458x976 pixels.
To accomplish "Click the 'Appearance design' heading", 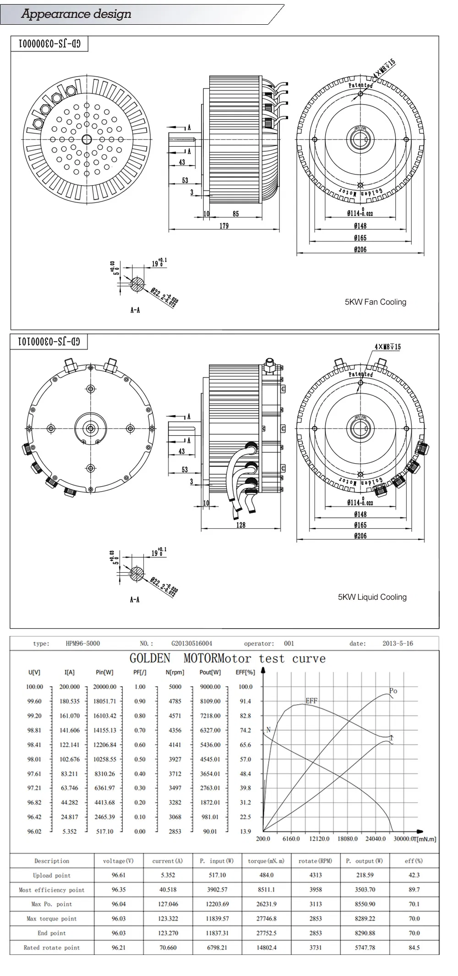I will [76, 14].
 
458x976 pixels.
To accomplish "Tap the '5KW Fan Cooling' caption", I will [375, 302].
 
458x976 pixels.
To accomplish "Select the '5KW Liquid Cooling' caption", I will [372, 597].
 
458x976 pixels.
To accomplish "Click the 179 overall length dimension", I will [224, 225].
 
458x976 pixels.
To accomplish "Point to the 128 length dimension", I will [241, 525].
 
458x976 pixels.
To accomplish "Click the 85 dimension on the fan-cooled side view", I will [235, 214].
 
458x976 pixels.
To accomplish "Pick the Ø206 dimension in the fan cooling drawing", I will [360, 250].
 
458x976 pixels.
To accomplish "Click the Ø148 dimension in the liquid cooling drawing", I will [360, 514].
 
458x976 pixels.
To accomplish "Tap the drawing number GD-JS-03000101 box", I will [49, 342].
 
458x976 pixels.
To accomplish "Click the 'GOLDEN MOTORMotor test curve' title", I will [228, 659].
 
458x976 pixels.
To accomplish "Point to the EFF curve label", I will [311, 701].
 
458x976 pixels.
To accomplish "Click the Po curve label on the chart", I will [393, 691].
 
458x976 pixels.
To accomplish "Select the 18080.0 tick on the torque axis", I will [347, 839].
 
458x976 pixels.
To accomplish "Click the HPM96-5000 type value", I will [82, 643].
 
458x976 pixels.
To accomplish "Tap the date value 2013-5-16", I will [398, 643].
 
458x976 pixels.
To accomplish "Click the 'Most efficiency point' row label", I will [52, 890].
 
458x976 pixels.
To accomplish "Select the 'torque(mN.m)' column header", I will [266, 861].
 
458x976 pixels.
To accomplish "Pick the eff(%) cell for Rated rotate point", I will [414, 948].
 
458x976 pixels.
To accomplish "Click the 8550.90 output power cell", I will [365, 904].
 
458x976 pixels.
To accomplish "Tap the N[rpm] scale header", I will [174, 672].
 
